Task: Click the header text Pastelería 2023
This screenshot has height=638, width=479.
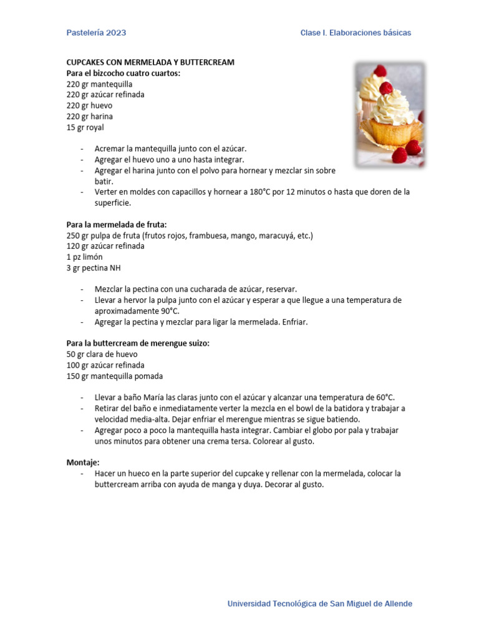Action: click(96, 33)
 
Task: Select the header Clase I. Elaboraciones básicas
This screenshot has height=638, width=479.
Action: click(356, 33)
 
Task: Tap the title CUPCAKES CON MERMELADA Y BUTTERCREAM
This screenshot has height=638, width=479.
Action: click(150, 62)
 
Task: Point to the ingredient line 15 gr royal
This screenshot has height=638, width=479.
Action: click(85, 127)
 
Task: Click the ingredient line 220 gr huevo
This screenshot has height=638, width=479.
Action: click(89, 105)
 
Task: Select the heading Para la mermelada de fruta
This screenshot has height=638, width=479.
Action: click(117, 224)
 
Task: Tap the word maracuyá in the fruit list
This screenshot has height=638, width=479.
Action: click(269, 236)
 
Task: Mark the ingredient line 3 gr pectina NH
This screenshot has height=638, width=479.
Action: click(94, 268)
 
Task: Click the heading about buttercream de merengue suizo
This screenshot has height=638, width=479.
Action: click(138, 343)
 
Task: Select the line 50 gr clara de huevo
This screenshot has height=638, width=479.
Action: click(102, 354)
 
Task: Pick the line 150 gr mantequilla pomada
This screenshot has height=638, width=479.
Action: click(115, 376)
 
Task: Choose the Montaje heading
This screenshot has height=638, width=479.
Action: click(83, 462)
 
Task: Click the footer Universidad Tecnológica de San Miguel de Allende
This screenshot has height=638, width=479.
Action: click(319, 604)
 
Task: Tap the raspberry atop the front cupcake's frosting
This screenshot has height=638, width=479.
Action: click(386, 88)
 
